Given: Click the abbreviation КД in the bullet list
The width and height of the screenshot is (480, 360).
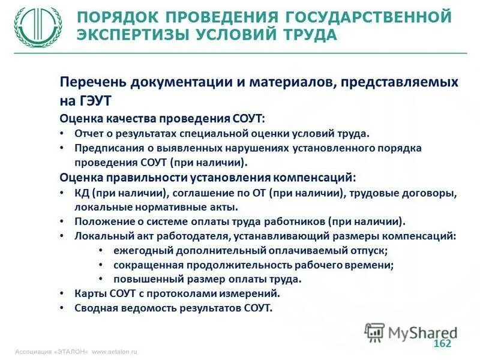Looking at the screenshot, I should tap(82, 193).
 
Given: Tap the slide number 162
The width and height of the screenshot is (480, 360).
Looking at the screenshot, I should tap(442, 343).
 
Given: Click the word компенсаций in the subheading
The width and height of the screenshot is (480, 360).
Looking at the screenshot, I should tap(314, 178).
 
